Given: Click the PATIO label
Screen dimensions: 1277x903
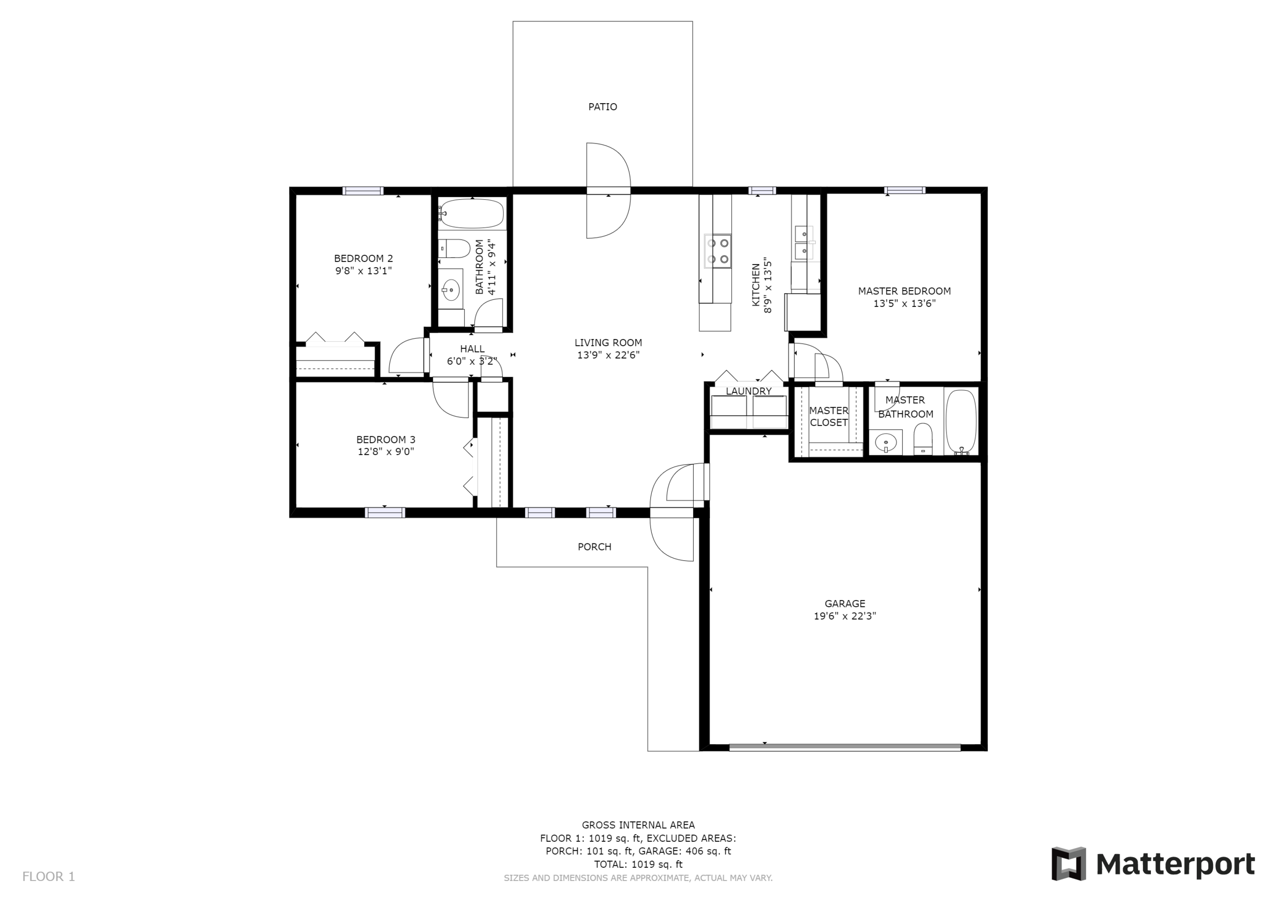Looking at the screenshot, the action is coord(602,107).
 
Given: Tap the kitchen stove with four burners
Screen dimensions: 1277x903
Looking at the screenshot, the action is coord(718,251).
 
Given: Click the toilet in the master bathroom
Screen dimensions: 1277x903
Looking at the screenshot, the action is coord(923,439).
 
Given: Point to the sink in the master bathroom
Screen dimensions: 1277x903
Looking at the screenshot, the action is coord(885,443).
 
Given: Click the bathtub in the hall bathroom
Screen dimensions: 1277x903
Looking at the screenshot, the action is coord(471,213).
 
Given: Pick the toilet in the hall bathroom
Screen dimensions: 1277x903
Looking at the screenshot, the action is coord(455,249).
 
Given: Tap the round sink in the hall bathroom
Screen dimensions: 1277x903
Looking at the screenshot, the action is coord(451,290).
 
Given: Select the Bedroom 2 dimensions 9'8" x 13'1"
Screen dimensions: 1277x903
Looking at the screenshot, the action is coord(363,271).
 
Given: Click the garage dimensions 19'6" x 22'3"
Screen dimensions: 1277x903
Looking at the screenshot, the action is coord(845,616).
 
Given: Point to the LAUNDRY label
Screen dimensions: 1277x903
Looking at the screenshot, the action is coord(749,391).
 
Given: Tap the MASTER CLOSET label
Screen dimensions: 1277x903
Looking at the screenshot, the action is coord(829,416).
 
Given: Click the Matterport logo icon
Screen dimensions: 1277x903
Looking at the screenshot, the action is coord(1069,864).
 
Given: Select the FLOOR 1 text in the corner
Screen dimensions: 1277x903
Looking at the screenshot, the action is coord(49,877).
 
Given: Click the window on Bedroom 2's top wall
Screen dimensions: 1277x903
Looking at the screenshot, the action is coord(363,191).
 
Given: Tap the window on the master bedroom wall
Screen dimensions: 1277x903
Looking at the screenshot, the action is coord(905,190).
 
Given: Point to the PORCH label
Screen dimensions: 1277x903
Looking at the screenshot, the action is coord(595,547).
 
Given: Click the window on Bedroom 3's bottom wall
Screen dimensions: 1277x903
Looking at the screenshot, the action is coord(385,513).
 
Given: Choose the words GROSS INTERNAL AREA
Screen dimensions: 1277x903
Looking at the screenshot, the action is coord(638,825).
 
